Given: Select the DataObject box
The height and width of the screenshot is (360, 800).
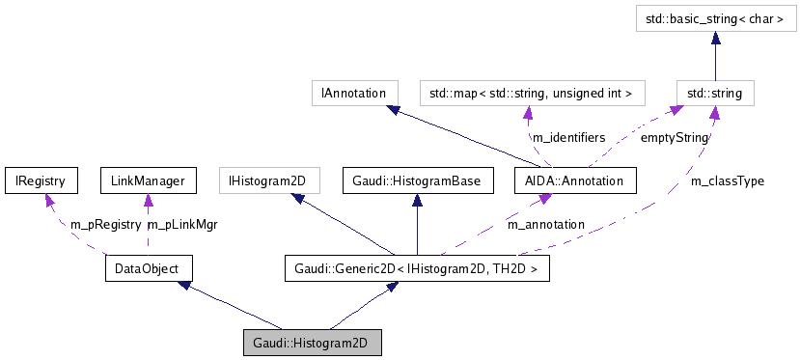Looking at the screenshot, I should (x=148, y=267).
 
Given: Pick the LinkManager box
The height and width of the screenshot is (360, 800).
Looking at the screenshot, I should (x=148, y=180).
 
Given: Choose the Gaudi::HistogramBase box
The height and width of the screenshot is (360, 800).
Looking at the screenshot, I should (x=416, y=180).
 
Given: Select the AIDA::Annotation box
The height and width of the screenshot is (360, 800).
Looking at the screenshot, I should (x=574, y=180).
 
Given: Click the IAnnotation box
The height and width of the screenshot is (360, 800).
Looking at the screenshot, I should (x=354, y=93).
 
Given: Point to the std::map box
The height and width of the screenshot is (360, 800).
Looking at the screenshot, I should (x=531, y=93).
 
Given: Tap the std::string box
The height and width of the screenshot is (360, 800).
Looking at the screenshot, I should (x=714, y=93).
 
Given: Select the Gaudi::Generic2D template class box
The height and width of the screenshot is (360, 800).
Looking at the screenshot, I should (x=416, y=267).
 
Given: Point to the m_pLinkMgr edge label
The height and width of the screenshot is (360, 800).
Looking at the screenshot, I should (x=181, y=224).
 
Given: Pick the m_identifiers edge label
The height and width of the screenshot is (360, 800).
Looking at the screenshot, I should (x=569, y=138).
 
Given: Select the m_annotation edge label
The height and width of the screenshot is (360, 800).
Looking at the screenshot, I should (x=545, y=224).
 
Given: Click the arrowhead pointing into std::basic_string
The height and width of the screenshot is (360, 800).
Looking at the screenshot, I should (x=714, y=36).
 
